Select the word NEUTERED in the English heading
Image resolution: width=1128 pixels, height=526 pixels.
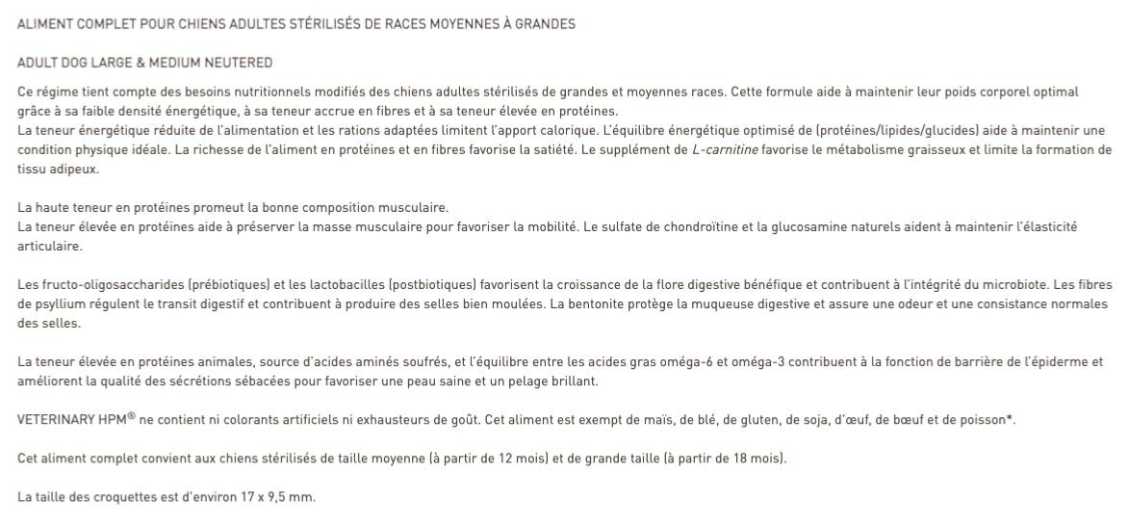coord(243,64)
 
